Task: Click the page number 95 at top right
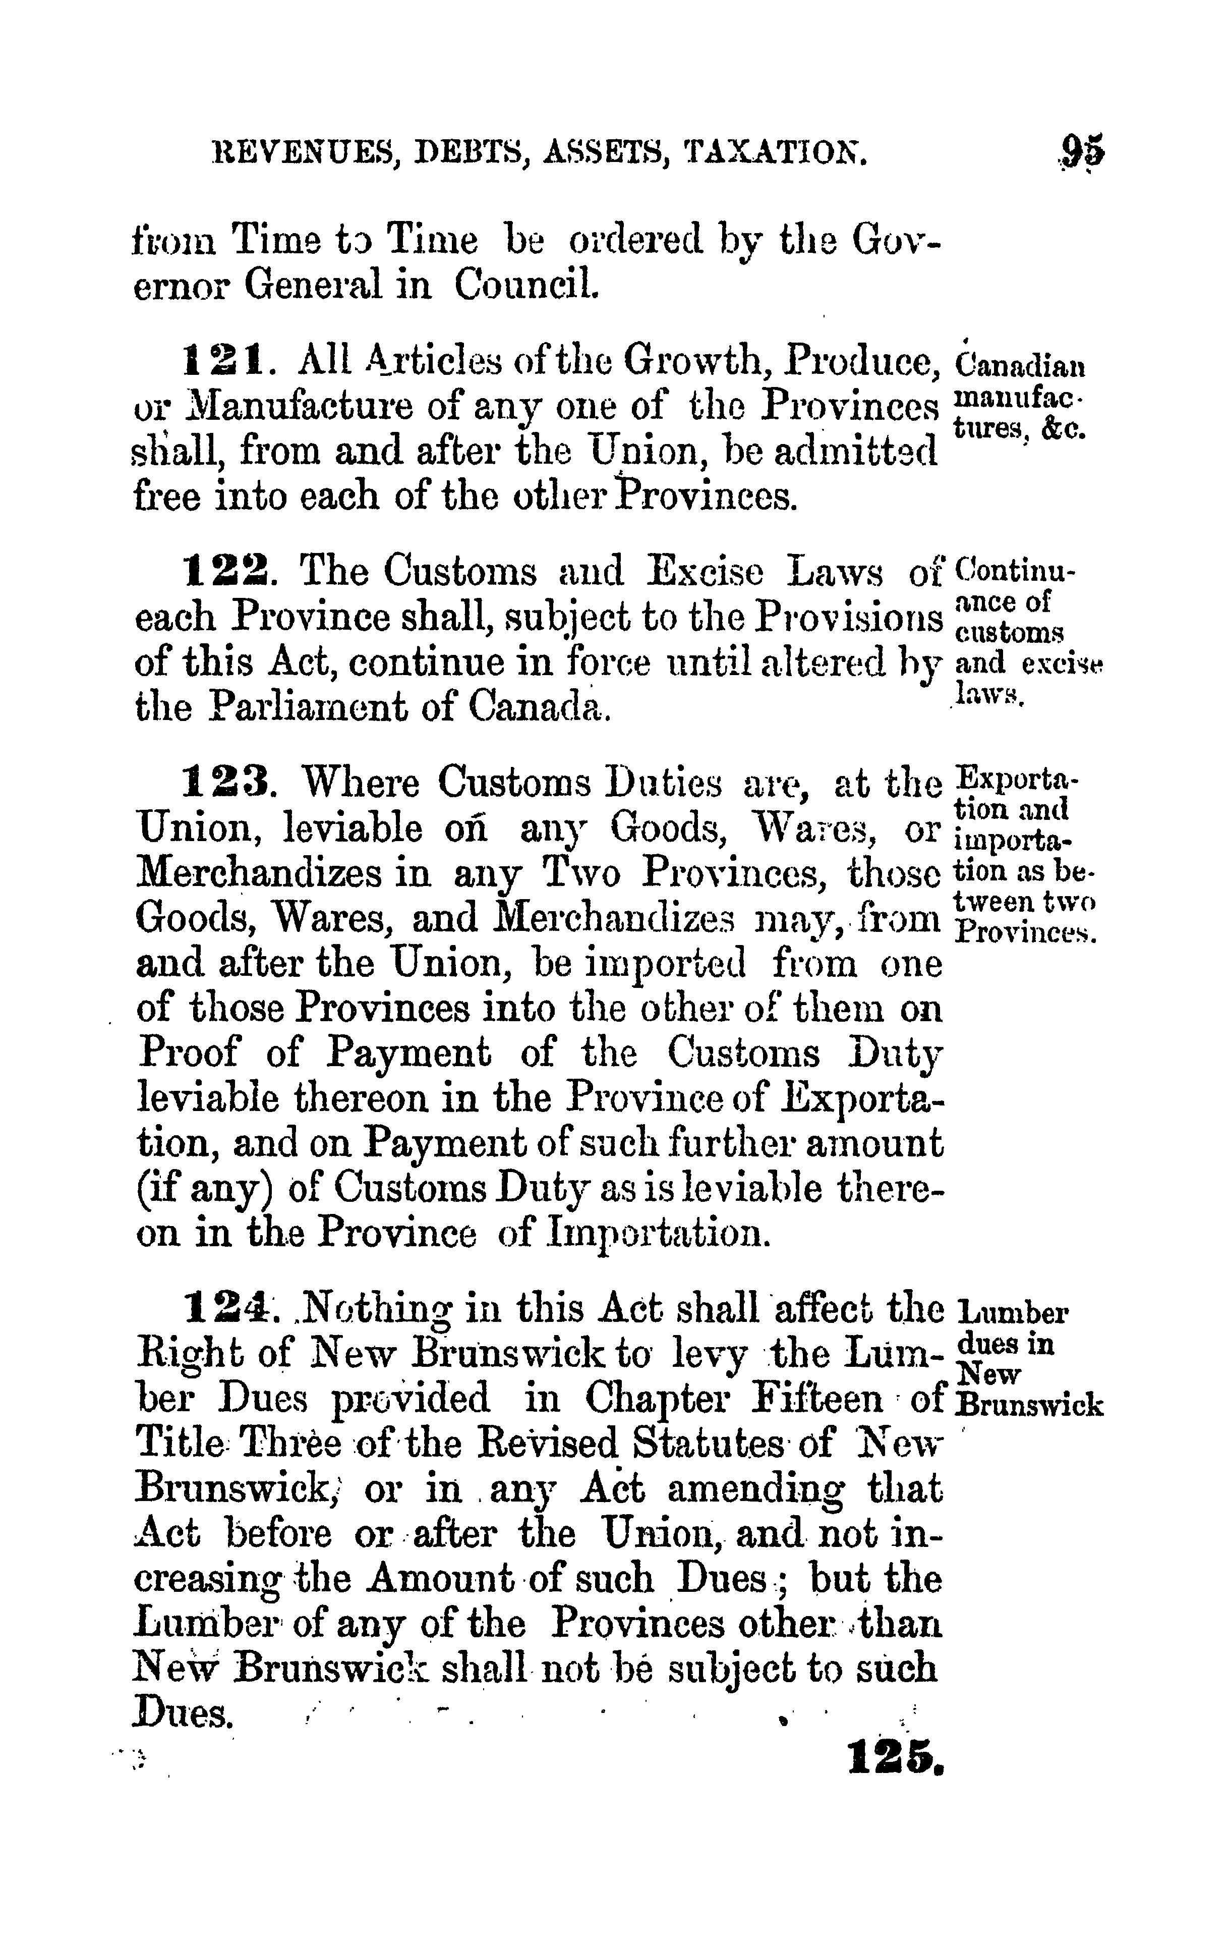click(x=1082, y=150)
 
